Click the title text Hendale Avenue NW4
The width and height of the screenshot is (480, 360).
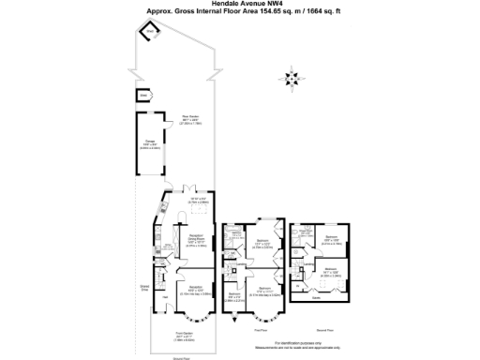tap(240, 5)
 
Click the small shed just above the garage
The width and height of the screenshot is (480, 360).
tap(143, 96)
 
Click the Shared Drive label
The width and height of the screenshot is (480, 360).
tap(145, 288)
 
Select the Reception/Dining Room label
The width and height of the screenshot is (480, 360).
tap(197, 238)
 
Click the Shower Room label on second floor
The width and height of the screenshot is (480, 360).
tap(306, 232)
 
